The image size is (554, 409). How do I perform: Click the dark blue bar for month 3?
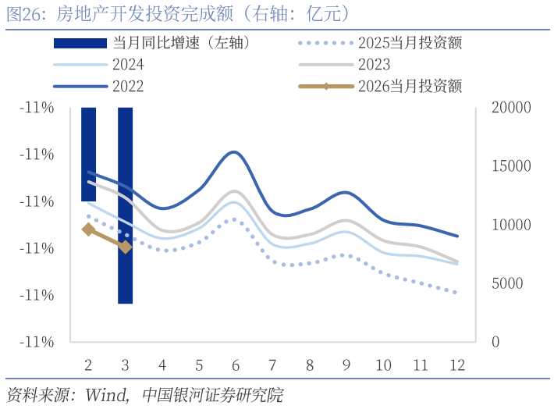pos(125,204)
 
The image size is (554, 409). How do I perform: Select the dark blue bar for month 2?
pos(88,154)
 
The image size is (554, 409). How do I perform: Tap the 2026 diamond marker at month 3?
pos(125,247)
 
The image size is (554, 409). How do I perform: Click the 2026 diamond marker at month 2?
pos(88,229)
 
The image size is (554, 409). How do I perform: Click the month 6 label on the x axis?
pos(236,365)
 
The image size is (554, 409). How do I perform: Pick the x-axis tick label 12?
pos(456,365)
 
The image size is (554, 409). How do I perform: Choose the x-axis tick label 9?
pos(346,365)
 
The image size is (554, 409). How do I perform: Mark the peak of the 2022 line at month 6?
pos(234,151)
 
